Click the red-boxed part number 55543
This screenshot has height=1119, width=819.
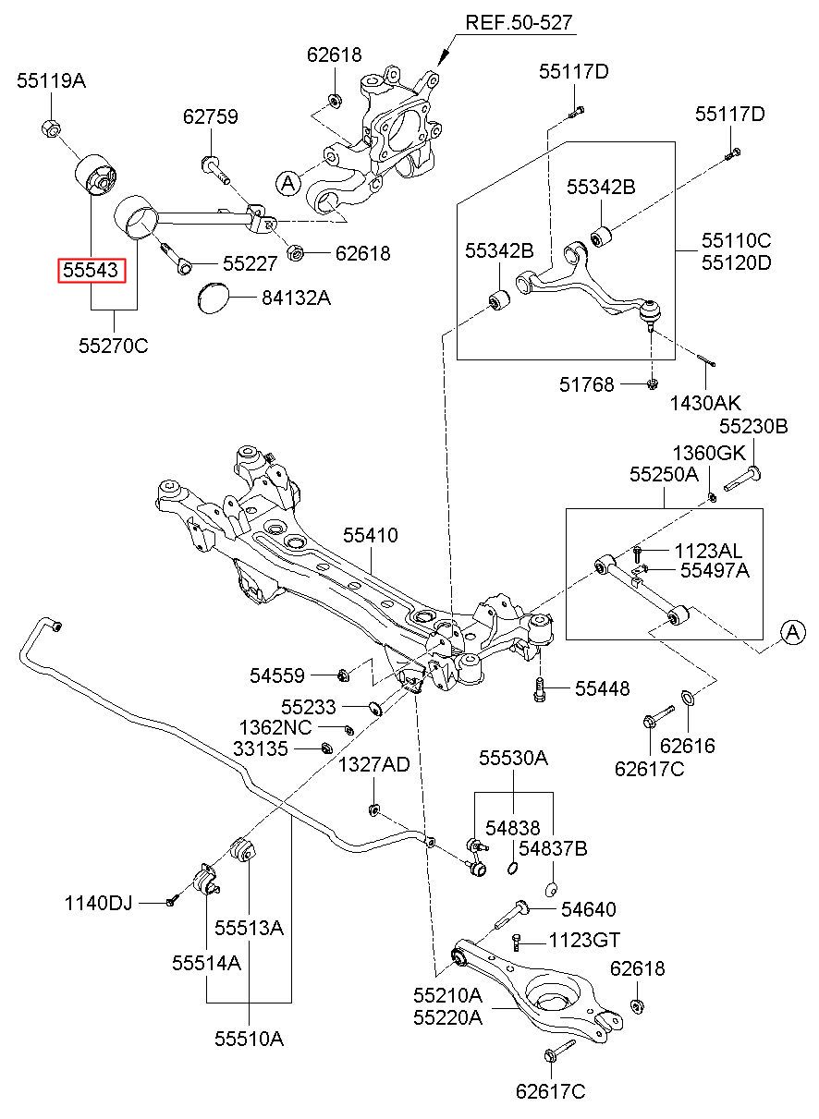[90, 270]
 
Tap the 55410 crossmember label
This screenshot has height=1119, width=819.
[370, 535]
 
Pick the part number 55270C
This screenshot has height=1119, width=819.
[114, 347]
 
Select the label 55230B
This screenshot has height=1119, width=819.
[753, 426]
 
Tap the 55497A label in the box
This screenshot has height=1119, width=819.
[715, 571]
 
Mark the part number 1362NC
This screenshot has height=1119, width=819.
[275, 727]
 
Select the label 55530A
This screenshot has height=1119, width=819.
[513, 759]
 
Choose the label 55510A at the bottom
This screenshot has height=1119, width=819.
[249, 1039]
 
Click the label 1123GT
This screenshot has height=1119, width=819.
[583, 940]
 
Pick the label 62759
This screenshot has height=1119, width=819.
[210, 117]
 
